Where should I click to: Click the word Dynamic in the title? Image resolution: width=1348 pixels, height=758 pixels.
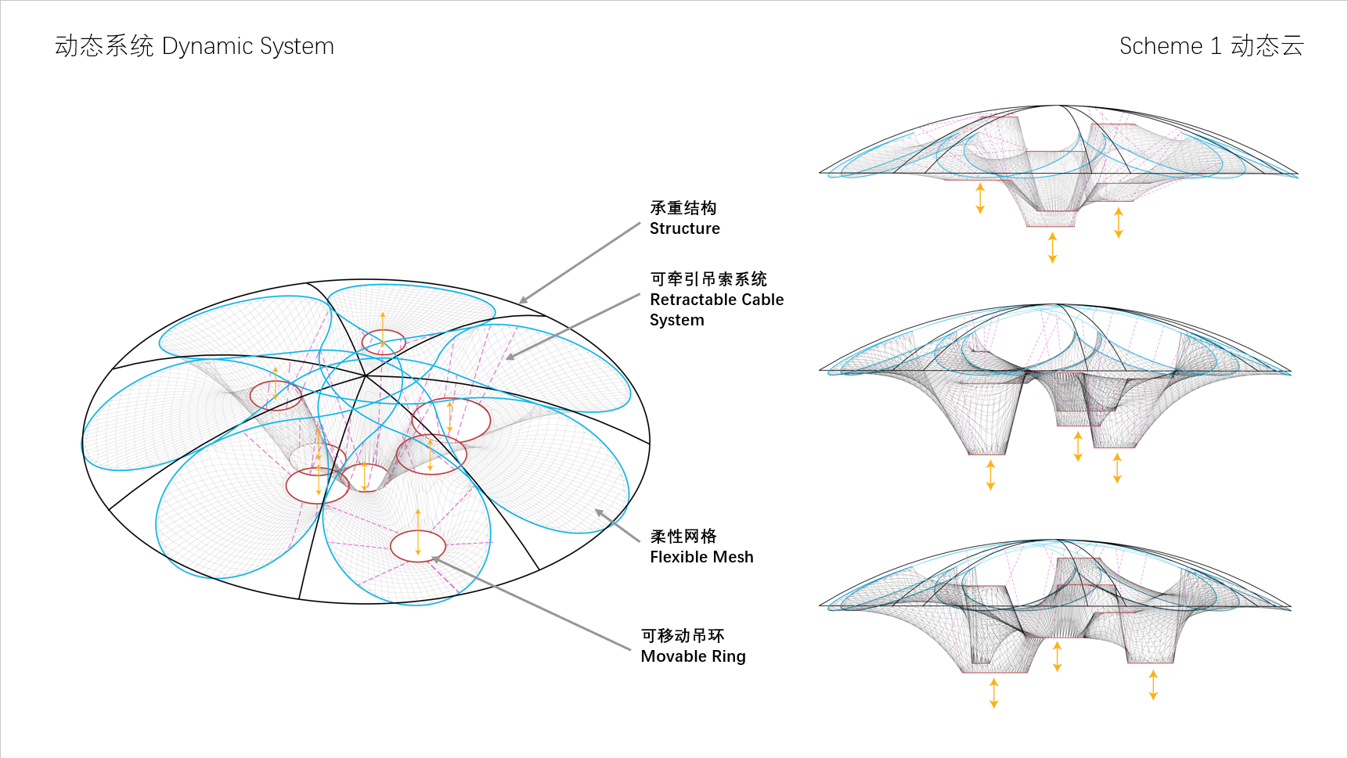[x=207, y=47]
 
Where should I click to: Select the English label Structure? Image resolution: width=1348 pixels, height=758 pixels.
[x=684, y=228]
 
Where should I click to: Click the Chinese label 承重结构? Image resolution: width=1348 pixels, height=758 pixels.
[x=683, y=208]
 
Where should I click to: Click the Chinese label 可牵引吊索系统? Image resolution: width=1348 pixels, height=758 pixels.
[x=708, y=279]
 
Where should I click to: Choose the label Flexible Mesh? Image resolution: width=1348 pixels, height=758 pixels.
[x=701, y=557]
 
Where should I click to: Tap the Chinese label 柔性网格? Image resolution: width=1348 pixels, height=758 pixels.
[x=683, y=537]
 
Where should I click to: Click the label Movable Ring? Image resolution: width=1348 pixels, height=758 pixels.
[x=693, y=656]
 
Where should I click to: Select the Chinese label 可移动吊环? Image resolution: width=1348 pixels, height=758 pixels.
[x=682, y=636]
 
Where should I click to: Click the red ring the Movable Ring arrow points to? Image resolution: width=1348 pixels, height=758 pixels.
[x=418, y=546]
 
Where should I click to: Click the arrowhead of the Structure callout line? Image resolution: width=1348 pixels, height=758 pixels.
[x=523, y=300]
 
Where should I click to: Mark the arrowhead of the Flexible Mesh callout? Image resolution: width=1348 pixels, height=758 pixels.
[x=599, y=512]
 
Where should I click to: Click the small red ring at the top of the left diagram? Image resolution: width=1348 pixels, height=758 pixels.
[x=384, y=342]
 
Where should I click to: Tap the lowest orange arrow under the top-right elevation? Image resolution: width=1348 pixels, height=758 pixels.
[x=1052, y=247]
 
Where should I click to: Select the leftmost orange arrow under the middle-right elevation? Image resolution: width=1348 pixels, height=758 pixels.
[x=990, y=475]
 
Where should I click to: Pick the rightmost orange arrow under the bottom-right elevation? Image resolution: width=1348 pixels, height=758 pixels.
[x=1153, y=684]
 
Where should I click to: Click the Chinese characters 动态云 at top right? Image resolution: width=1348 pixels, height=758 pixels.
[x=1267, y=46]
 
